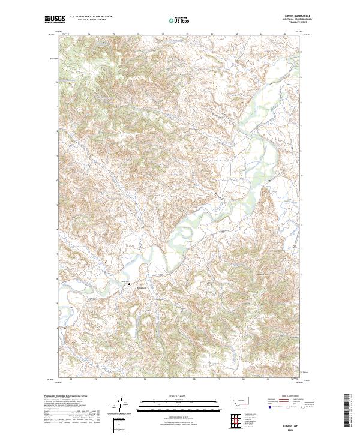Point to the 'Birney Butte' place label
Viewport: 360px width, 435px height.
tap(140, 287)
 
